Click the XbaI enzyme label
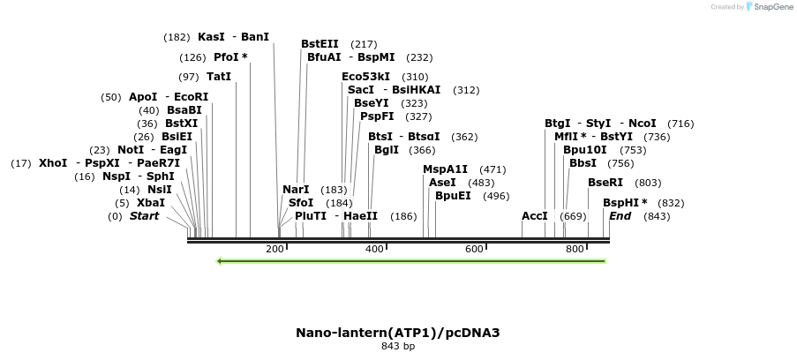(x=150, y=203)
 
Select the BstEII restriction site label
(x=320, y=44)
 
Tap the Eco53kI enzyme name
(x=365, y=77)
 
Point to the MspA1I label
(x=445, y=169)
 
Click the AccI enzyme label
(x=535, y=216)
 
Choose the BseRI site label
(x=605, y=183)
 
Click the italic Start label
(x=145, y=216)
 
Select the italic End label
(x=620, y=216)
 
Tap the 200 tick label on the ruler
(x=274, y=250)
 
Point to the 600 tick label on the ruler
(x=474, y=250)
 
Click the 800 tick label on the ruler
(x=575, y=250)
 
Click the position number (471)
(x=492, y=169)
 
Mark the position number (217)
(x=364, y=44)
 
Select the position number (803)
(x=648, y=183)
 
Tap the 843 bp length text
(x=398, y=347)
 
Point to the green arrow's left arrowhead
(x=220, y=261)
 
